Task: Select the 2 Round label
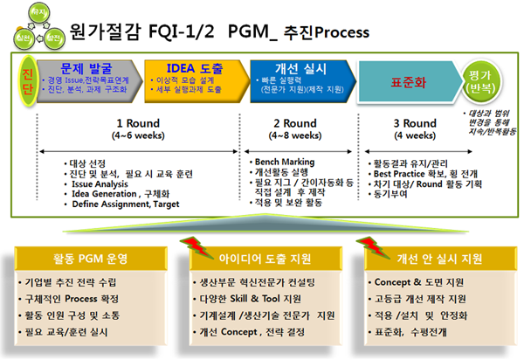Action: (294, 123)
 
